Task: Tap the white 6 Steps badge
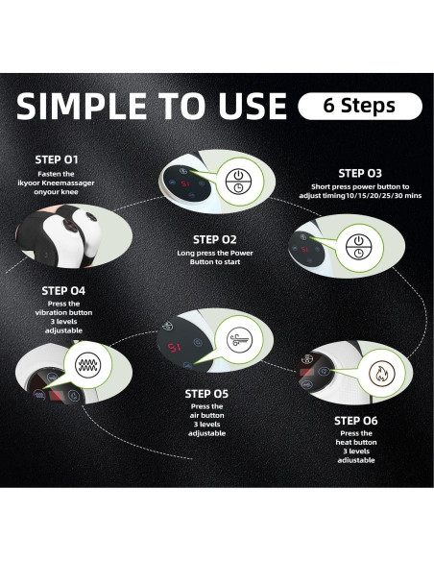tap(360, 106)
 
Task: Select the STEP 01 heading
tap(57, 159)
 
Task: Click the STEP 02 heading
tap(214, 239)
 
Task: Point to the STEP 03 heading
tap(360, 173)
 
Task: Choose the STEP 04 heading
tap(63, 291)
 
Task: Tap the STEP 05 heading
tap(206, 394)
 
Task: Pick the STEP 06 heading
tap(355, 421)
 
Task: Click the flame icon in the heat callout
tap(382, 373)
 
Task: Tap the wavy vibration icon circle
tap(87, 365)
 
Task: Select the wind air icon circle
tap(239, 339)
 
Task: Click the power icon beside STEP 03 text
tap(358, 247)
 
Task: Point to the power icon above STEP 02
tap(239, 183)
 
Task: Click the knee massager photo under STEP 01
tap(73, 235)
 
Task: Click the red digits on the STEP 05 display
tap(175, 347)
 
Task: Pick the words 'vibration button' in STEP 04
tap(63, 312)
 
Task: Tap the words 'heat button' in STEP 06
tap(356, 442)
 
